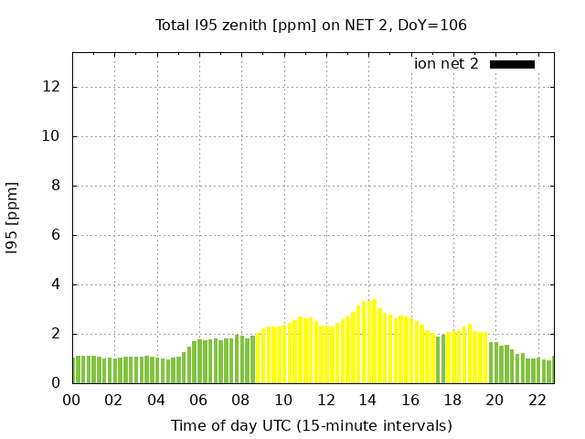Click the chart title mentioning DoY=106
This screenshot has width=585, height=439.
point(311,25)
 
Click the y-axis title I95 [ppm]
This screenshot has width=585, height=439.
point(13,217)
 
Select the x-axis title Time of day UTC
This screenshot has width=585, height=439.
point(311,425)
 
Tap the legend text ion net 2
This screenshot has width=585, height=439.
point(446,64)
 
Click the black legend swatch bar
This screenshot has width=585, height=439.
point(512,64)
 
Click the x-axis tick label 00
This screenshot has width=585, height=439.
point(72,400)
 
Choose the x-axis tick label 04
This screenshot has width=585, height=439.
point(156,400)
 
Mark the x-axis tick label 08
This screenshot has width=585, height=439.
point(241,400)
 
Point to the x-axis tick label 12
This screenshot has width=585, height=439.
point(325,400)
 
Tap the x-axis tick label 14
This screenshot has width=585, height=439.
point(367,400)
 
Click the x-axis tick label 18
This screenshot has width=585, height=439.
point(452,400)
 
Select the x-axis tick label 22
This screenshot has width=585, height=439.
point(537,400)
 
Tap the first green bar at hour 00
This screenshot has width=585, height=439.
point(75,369)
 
